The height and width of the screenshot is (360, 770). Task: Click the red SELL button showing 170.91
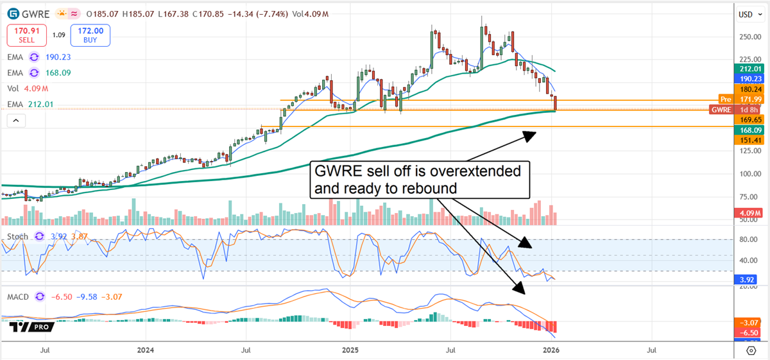(x=26, y=35)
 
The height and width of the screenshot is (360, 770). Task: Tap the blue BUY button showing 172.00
(x=90, y=35)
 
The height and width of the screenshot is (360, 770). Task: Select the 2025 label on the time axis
(x=350, y=350)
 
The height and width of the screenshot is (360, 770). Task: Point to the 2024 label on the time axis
(x=145, y=350)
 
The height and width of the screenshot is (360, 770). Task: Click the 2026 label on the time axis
(x=550, y=350)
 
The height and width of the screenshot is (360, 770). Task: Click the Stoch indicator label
(x=17, y=237)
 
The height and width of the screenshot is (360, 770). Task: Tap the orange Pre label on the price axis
(x=725, y=99)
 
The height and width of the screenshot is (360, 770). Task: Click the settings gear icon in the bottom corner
(x=751, y=350)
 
